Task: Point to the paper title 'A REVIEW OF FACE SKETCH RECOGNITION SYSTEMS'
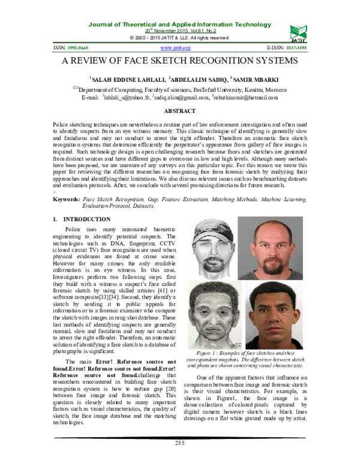(180, 61)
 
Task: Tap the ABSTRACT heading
(180, 111)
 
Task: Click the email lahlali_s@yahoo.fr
(127, 97)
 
